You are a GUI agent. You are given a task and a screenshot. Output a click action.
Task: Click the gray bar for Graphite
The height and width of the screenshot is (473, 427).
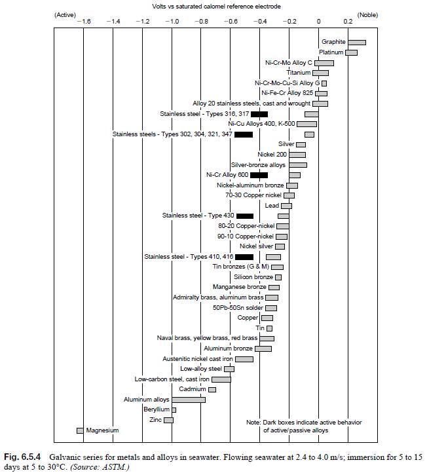356,42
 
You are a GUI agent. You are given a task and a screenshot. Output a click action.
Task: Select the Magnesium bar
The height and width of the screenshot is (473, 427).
80,430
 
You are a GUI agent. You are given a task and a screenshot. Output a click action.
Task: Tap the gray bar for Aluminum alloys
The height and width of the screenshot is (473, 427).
188,399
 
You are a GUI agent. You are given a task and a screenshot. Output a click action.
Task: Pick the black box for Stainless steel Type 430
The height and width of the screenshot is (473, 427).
244,216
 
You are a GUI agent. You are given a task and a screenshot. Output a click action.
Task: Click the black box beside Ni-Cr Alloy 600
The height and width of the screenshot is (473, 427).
259,175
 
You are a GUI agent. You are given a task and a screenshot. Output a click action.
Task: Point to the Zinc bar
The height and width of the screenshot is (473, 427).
168,420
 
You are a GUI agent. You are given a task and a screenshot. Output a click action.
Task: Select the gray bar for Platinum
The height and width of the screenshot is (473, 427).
351,52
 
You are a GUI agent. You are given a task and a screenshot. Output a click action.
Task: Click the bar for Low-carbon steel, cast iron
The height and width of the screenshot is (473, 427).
221,379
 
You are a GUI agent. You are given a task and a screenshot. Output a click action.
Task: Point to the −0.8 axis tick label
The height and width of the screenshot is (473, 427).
200,22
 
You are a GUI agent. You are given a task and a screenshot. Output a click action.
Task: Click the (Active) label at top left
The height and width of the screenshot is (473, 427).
67,14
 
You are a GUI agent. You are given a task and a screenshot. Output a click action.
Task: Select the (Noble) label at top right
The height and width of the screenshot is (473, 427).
367,14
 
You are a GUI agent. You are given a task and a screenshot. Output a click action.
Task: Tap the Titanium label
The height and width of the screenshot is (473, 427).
299,73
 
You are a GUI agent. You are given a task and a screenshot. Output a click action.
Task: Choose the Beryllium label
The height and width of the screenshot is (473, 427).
156,409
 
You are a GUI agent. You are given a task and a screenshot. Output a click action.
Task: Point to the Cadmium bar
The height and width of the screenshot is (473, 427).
212,389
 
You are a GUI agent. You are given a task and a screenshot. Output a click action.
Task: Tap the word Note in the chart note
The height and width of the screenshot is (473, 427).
254,422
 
